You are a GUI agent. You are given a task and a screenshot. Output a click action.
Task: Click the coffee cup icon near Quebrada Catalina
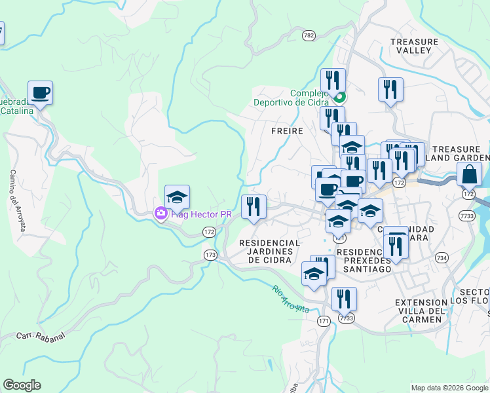[40, 92]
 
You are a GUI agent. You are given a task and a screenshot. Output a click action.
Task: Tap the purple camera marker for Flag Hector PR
[160, 214]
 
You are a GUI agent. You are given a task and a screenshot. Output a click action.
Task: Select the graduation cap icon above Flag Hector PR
[177, 196]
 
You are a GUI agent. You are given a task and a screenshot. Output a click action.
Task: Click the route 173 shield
[210, 255]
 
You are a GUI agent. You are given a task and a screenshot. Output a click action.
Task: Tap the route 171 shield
[324, 321]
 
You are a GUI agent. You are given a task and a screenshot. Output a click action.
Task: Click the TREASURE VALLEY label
[414, 46]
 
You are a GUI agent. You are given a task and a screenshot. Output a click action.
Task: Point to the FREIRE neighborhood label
[287, 131]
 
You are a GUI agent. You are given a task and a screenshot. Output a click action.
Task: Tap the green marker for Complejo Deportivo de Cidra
[339, 100]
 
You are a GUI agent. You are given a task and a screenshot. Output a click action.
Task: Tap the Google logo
[22, 385]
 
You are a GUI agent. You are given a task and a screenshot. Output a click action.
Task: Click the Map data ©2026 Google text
[449, 388]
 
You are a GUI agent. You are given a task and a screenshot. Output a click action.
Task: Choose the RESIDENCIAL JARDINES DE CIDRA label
[269, 251]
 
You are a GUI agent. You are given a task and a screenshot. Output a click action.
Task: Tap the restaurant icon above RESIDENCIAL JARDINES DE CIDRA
[253, 207]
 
